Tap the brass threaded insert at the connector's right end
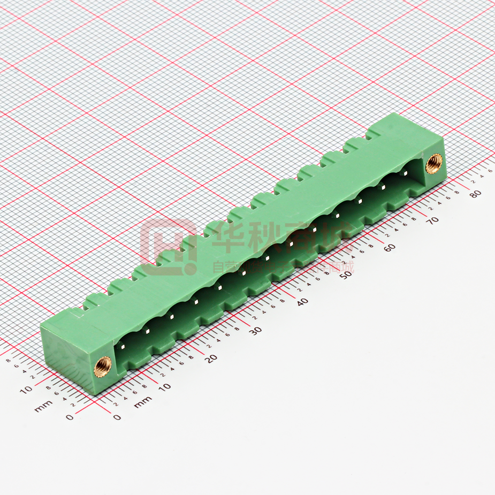click(x=434, y=163)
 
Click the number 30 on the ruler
click(x=256, y=330)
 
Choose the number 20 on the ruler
click(x=212, y=358)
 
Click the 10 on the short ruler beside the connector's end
click(x=26, y=390)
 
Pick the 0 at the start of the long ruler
click(x=117, y=417)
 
